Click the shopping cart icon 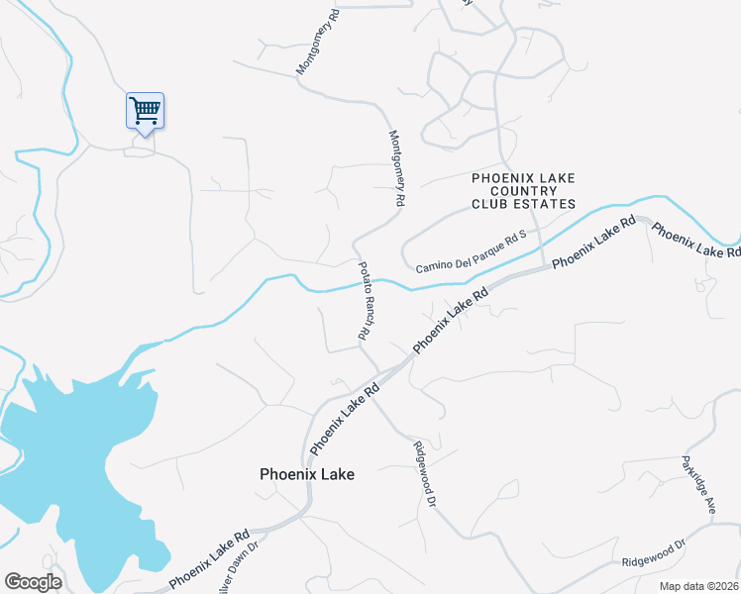coord(145,109)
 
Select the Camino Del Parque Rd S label coord(470,252)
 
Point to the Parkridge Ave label coord(696,485)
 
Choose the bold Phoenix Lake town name coord(306,475)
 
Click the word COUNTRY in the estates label coord(523,191)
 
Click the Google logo coord(33,582)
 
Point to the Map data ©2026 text coord(699,586)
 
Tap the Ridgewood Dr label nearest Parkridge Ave coord(654,553)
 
